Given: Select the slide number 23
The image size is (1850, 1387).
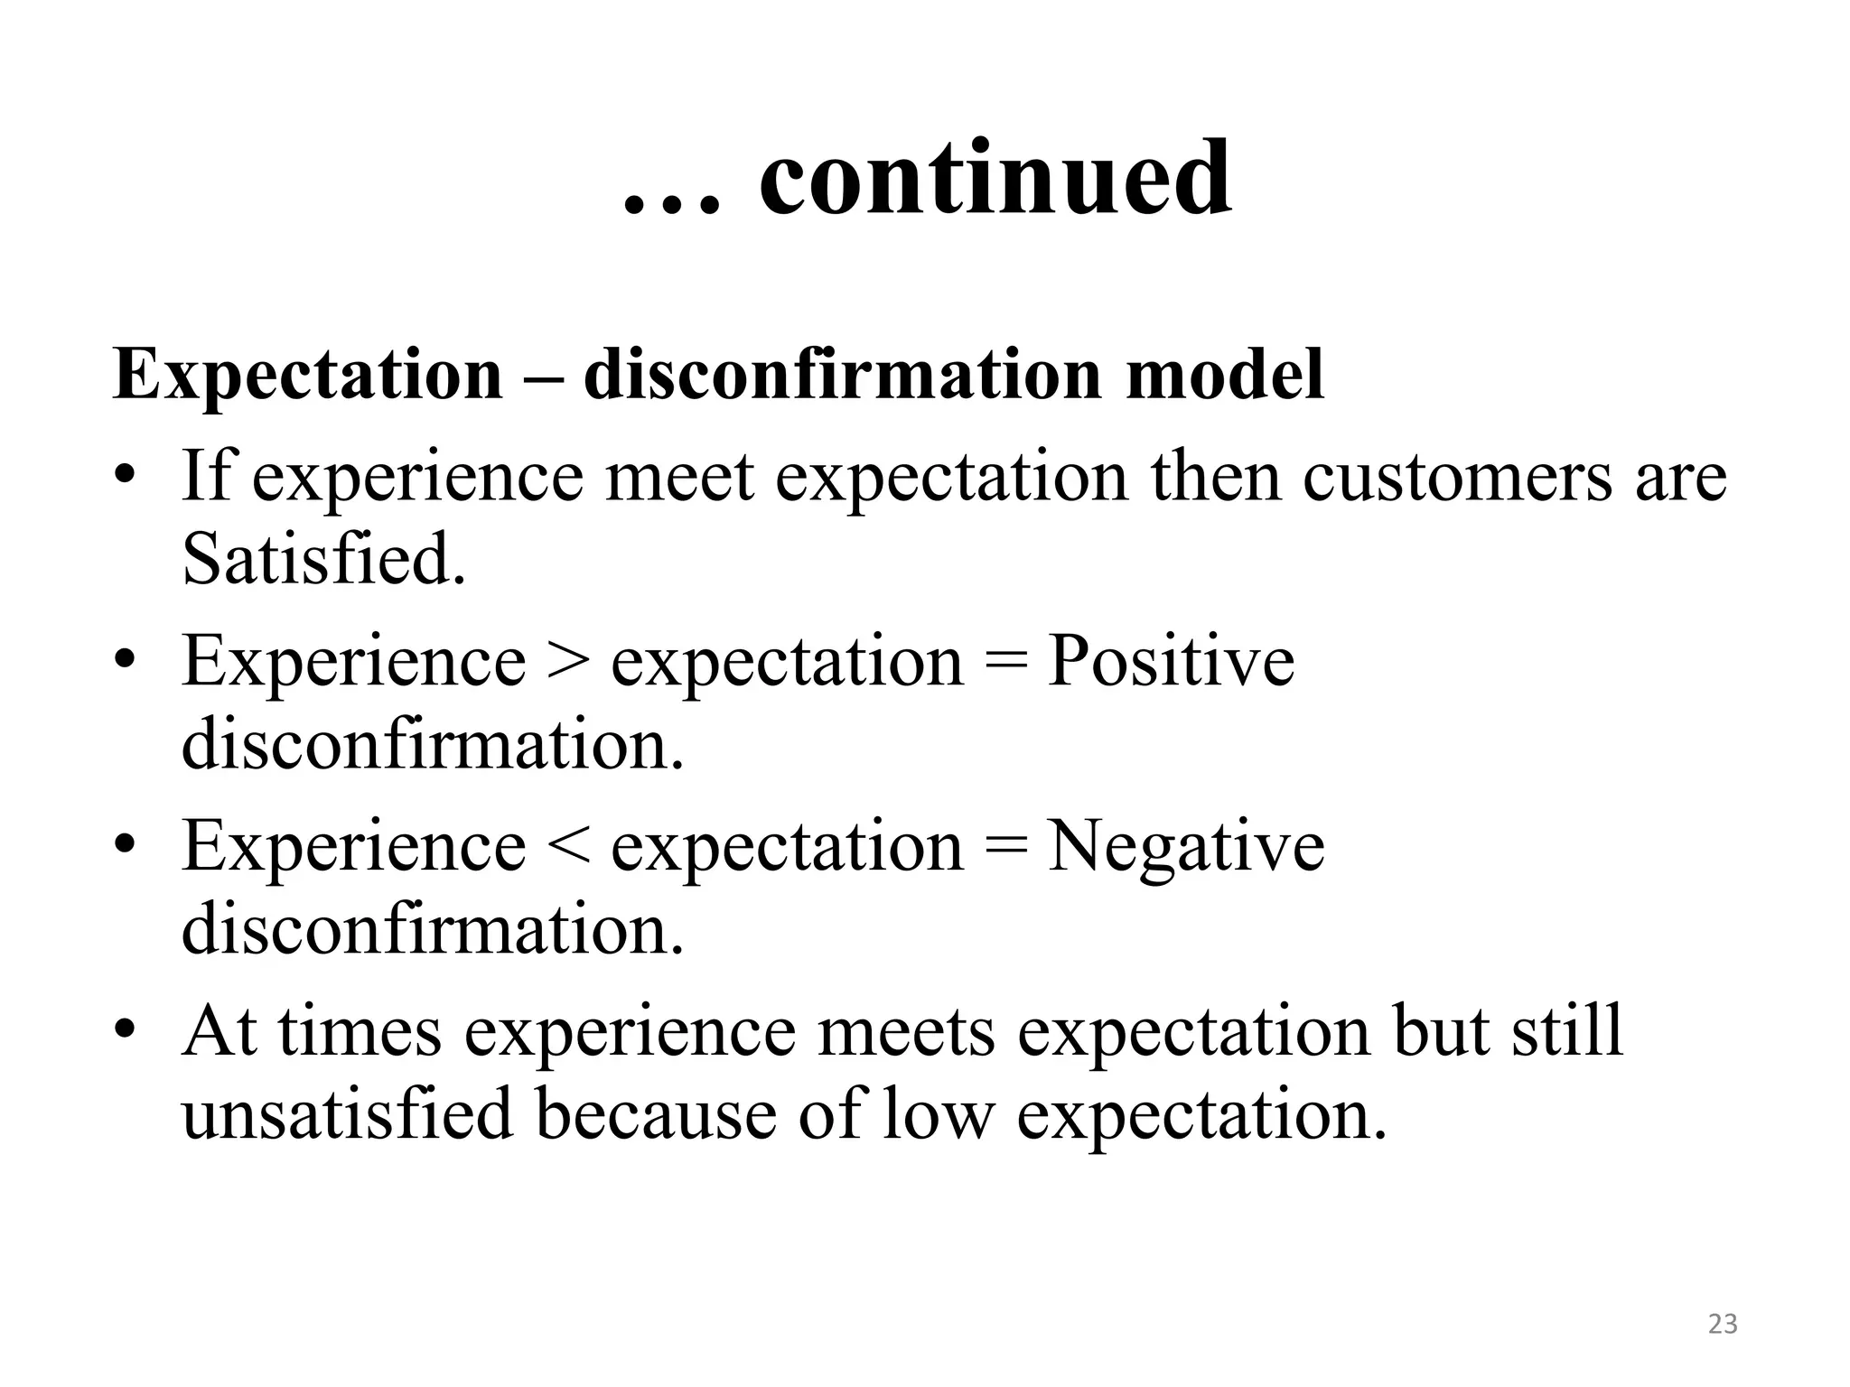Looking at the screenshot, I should tap(1723, 1324).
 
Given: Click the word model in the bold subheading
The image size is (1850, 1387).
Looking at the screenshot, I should tap(1225, 374).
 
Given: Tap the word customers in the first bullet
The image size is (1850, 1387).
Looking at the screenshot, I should tap(1456, 476).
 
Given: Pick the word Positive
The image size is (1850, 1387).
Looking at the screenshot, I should tap(1171, 661).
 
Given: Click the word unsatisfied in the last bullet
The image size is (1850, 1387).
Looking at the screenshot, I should tap(347, 1113).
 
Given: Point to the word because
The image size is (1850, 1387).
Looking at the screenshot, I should tap(655, 1113).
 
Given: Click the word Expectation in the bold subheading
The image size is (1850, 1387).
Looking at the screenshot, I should tap(307, 376).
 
